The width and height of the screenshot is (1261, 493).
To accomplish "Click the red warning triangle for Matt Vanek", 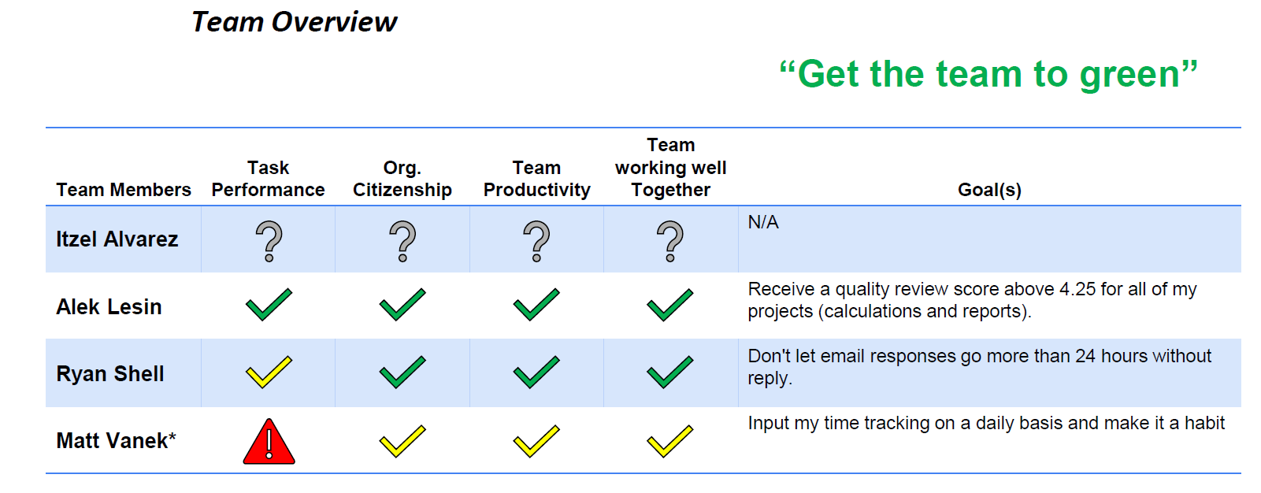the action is point(269,442).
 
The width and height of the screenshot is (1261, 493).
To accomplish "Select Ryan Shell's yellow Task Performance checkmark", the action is point(269,372).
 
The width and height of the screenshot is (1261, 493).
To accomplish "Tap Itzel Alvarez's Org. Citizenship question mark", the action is point(403,242).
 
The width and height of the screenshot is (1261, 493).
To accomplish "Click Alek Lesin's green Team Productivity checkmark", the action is point(536,305).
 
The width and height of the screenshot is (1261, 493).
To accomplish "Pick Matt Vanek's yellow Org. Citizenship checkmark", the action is point(402,441).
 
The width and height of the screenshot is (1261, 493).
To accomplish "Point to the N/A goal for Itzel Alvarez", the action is point(762,222).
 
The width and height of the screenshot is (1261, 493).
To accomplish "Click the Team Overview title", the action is point(295,22).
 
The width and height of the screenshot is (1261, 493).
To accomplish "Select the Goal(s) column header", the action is point(989,190).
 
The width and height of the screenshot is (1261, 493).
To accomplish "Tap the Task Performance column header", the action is point(268,179).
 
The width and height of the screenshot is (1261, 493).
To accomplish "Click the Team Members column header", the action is point(124,190).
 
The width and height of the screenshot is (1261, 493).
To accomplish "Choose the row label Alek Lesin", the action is point(109,306).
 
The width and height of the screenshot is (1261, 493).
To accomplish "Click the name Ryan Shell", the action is point(109,374).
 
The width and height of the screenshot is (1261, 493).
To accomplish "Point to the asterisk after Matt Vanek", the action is point(172,436).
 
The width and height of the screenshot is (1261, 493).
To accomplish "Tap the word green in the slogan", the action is point(1129,76).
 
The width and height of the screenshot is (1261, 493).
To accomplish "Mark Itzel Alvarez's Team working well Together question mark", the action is point(670,242).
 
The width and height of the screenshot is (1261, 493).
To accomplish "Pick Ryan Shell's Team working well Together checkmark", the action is point(670,372).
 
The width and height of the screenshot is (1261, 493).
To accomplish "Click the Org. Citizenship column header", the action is point(402,179).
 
